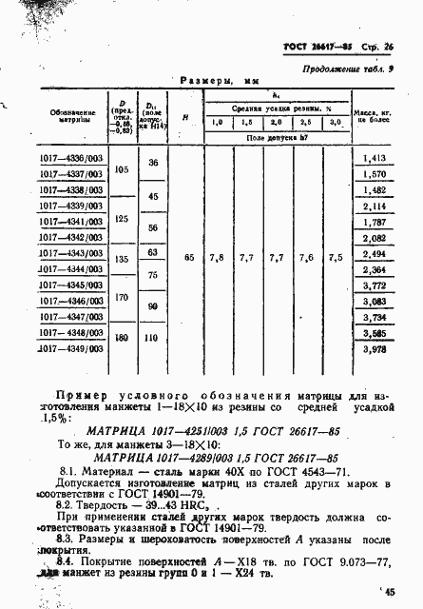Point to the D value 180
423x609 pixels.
coord(122,338)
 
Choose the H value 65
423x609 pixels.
coord(187,257)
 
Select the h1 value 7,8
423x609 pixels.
coord(218,257)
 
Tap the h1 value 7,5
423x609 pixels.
coord(336,257)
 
